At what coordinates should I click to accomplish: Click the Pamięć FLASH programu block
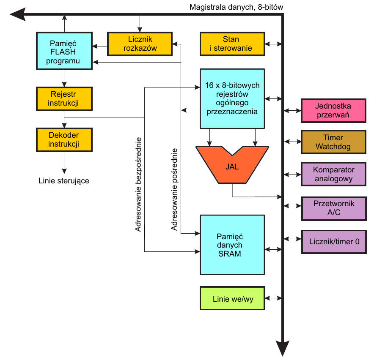(x=64, y=50)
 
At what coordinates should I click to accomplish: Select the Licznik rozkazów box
(x=140, y=43)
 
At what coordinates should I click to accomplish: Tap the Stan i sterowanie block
(x=231, y=44)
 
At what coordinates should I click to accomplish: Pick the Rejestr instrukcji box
(x=64, y=99)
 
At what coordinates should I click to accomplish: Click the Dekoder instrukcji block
(x=64, y=139)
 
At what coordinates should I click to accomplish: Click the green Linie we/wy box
(x=232, y=298)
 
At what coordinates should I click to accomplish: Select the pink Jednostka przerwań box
(x=333, y=110)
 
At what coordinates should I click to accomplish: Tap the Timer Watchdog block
(x=333, y=142)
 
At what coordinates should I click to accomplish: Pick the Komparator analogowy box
(x=333, y=174)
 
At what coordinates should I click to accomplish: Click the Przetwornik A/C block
(x=333, y=208)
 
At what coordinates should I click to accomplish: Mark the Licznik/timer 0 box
(x=333, y=242)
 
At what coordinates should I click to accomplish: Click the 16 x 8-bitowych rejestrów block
(x=232, y=98)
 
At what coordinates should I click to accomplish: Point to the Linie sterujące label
(x=64, y=181)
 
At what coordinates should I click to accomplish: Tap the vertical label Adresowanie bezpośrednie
(x=138, y=184)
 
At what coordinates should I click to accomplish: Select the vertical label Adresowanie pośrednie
(x=174, y=189)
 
